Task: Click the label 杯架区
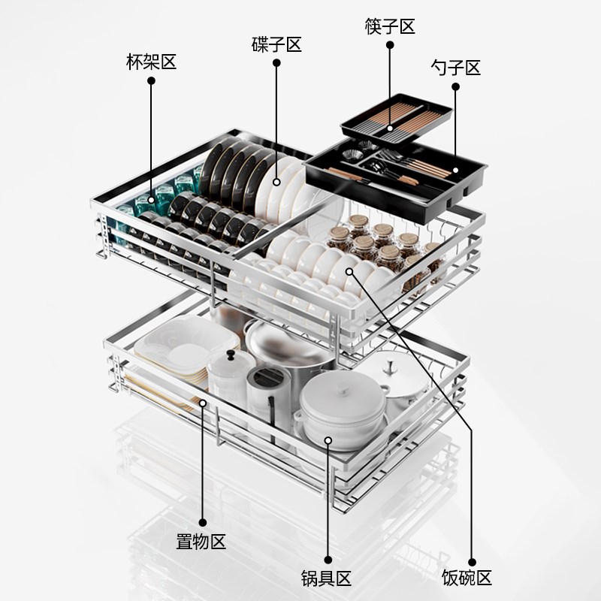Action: point(152,62)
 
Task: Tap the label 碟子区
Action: point(276,44)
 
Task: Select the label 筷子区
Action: point(390,26)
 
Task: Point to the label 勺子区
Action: point(455,68)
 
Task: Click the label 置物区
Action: point(201,542)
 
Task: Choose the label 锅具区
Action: point(326,578)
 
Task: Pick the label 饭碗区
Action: point(467,577)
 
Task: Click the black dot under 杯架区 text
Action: point(152,81)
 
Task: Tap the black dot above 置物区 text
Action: point(203,522)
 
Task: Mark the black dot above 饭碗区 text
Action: point(473,562)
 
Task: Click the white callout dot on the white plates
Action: point(276,183)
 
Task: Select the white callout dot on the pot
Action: point(328,440)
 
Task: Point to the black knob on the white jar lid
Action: point(231,355)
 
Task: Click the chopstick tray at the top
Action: point(397,119)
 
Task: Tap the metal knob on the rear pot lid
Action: point(391,367)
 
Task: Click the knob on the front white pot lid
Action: point(343,389)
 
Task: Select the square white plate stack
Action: point(186,348)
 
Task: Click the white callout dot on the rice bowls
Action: point(349,272)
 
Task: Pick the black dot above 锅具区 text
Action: point(328,560)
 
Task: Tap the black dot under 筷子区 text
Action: point(390,45)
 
